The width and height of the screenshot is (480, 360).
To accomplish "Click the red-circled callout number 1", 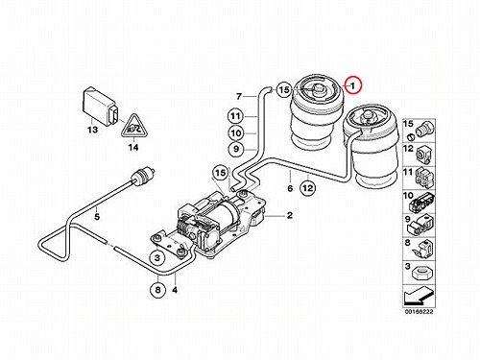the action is tap(352, 85).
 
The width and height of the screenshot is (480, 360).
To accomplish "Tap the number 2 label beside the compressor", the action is tap(290, 215).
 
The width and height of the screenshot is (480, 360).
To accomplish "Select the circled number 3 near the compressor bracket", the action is tap(157, 257).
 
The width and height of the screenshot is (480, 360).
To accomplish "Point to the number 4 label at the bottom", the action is tap(175, 290).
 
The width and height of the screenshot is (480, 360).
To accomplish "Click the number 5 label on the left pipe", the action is tap(97, 217).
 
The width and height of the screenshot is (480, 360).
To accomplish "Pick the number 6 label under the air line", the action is tap(290, 188).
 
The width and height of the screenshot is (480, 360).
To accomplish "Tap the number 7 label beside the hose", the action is tap(239, 96).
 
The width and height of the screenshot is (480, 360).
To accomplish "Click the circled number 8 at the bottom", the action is tap(157, 290).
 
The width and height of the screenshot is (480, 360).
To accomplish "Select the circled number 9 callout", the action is tap(236, 149).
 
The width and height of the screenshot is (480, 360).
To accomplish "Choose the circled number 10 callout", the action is tap(236, 132).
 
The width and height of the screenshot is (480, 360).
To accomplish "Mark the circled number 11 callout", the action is tap(236, 116).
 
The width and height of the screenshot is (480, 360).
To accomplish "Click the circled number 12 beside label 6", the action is tap(308, 188).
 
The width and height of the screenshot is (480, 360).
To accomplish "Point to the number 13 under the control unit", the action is tap(92, 130).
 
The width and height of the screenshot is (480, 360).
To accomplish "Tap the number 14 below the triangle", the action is tap(133, 147).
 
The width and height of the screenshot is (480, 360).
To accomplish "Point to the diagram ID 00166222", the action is tap(419, 312).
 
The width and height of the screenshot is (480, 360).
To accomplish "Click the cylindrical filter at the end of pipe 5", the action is tap(143, 176).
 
